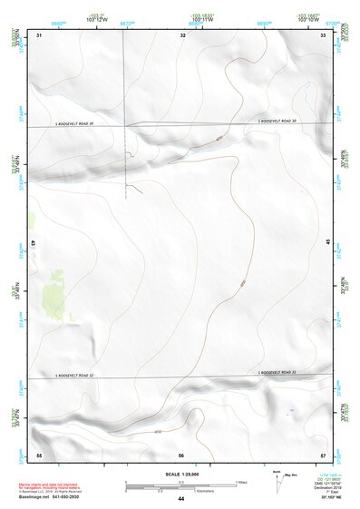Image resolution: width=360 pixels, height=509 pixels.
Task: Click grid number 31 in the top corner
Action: pyautogui.click(x=39, y=35)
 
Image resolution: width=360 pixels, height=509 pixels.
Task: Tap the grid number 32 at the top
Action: pyautogui.click(x=182, y=35)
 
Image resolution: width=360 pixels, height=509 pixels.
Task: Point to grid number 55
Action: pyautogui.click(x=39, y=454)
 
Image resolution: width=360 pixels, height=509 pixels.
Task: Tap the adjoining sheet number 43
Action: pyautogui.click(x=33, y=244)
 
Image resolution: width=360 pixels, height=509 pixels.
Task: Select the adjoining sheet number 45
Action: pyautogui.click(x=328, y=241)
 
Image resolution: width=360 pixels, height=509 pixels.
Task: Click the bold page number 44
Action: pyautogui.click(x=181, y=499)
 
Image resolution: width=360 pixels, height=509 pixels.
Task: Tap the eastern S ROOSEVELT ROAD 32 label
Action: pyautogui.click(x=277, y=372)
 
